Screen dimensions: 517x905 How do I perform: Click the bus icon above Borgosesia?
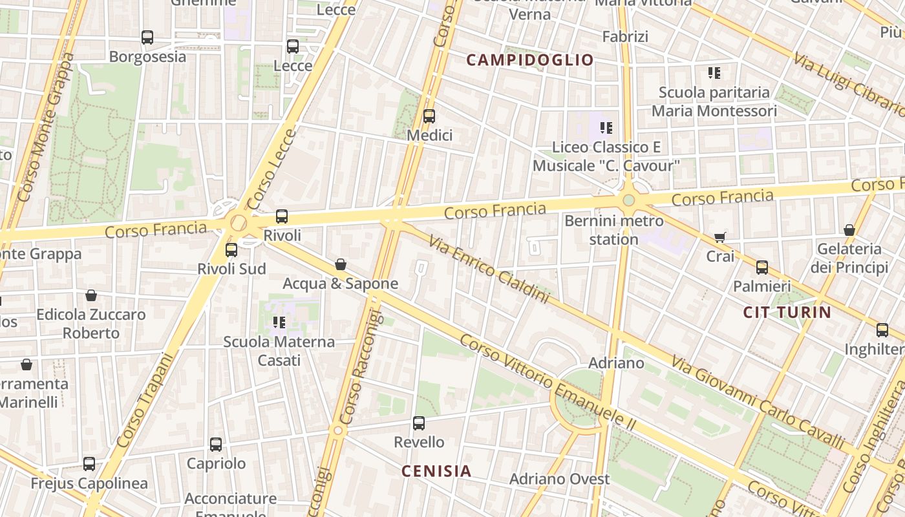click(x=147, y=37)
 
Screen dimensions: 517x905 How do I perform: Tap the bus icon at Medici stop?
click(x=429, y=116)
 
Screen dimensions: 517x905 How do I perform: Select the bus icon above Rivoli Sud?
click(x=231, y=249)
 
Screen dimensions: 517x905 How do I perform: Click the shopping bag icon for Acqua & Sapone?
click(x=341, y=264)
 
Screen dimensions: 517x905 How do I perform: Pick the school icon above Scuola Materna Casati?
click(x=279, y=322)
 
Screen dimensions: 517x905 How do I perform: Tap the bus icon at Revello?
click(x=419, y=423)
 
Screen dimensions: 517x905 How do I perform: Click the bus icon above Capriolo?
click(x=216, y=445)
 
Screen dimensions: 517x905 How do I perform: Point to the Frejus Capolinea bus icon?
click(x=89, y=464)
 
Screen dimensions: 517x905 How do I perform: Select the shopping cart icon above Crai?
click(x=720, y=238)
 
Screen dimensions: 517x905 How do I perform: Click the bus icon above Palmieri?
click(x=762, y=267)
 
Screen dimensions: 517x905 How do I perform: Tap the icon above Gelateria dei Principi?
click(x=849, y=230)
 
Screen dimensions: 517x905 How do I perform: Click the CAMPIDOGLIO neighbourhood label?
click(x=529, y=60)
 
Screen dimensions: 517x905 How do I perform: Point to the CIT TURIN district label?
click(x=787, y=313)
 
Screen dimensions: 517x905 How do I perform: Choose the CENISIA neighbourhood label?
click(x=436, y=471)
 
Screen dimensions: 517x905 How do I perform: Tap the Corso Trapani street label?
click(x=146, y=401)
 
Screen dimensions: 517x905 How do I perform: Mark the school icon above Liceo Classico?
click(x=606, y=128)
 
